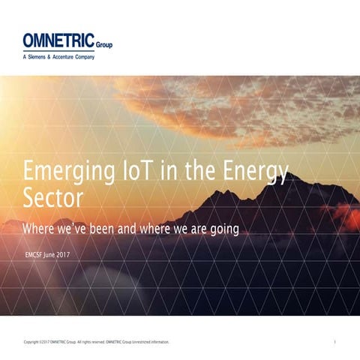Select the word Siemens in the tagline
[43, 57]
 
